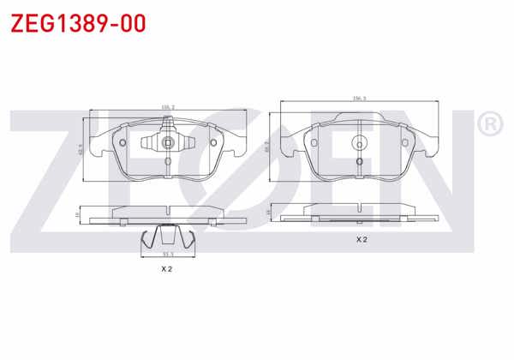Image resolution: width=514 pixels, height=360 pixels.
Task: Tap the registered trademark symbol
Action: [x=488, y=125]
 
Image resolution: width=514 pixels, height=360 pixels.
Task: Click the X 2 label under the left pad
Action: [x=167, y=269]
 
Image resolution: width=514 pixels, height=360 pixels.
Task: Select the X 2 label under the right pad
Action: [x=362, y=239]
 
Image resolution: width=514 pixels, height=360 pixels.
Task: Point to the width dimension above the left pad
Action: [x=168, y=107]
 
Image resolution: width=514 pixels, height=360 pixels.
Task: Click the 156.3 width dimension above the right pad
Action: [x=360, y=99]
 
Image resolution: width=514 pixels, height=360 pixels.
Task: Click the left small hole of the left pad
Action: [x=123, y=142]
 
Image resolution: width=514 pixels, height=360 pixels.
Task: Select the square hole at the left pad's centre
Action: [x=168, y=143]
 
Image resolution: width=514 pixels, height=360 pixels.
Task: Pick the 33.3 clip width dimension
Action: [x=168, y=255]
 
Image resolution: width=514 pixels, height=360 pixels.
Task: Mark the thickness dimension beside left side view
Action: [x=78, y=214]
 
